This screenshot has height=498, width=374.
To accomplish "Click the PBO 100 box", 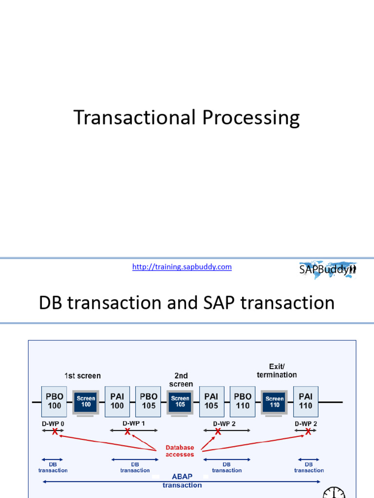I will (x=55, y=401).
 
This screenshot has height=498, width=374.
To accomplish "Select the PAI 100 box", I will (x=117, y=401).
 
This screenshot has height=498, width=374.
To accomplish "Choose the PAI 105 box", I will (x=212, y=401).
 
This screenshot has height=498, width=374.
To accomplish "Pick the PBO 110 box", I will (x=243, y=401).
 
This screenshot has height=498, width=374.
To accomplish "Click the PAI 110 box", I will (x=306, y=401).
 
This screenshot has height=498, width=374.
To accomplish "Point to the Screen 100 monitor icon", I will (x=86, y=402).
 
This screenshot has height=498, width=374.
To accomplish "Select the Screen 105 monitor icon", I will (x=180, y=402).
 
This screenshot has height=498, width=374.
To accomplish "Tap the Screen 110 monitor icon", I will (x=274, y=402).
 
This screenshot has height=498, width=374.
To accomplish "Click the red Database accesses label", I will (x=180, y=451).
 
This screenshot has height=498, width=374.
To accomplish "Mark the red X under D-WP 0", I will (x=55, y=431).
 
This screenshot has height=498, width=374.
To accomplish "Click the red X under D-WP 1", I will (x=128, y=431).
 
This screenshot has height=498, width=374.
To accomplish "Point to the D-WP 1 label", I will (x=133, y=423).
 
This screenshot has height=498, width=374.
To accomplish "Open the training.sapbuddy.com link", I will (x=182, y=267).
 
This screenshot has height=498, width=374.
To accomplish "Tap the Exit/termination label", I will (x=277, y=371).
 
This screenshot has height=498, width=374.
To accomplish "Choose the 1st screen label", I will (x=82, y=375).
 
